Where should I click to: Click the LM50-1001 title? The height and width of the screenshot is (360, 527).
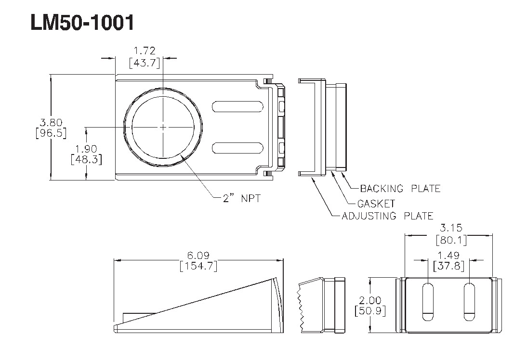click(x=82, y=23)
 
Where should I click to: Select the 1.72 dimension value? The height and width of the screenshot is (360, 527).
click(x=147, y=50)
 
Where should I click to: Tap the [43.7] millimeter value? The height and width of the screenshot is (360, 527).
click(x=147, y=63)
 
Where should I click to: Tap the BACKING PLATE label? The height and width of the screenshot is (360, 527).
click(x=400, y=188)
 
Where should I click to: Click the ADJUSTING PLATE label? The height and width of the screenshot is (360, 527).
click(x=387, y=216)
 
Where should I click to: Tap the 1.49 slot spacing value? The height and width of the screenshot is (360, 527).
click(x=448, y=255)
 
